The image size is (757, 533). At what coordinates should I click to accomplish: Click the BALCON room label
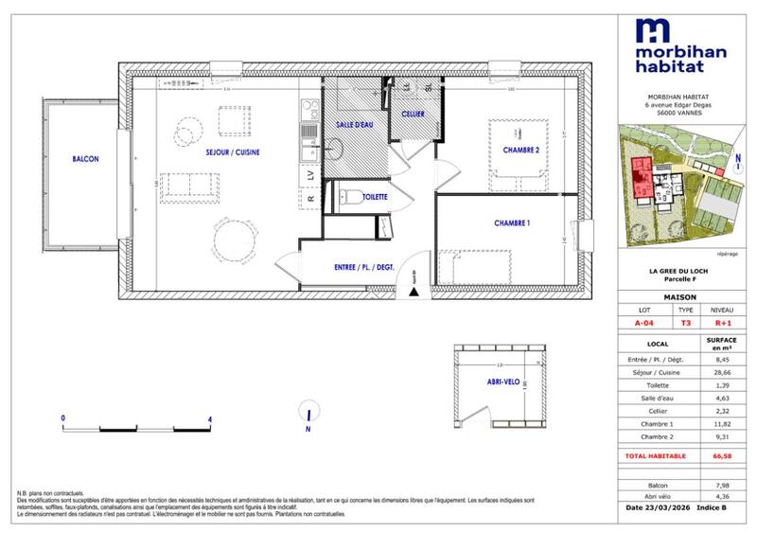(84, 159)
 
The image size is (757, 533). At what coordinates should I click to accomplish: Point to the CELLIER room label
(413, 114)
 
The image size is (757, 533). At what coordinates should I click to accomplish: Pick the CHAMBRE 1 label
(512, 222)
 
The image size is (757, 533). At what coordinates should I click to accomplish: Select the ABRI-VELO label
(483, 382)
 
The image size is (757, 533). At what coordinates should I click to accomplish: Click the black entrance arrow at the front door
(413, 291)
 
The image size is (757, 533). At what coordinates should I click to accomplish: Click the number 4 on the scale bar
(209, 418)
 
